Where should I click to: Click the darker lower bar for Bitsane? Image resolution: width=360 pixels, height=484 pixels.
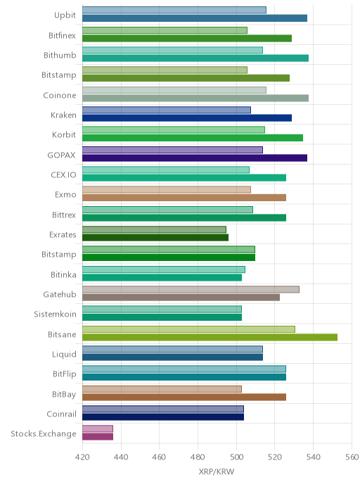(x=210, y=337)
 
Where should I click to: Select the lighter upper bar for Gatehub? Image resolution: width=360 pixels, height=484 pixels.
(x=191, y=289)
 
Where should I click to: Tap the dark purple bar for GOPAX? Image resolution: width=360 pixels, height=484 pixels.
(x=195, y=158)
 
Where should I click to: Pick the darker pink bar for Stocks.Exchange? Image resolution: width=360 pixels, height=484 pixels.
(x=98, y=436)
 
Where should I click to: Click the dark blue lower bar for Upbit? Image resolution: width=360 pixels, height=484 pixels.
(x=195, y=18)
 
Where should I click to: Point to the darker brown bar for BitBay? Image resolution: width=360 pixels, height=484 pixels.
(x=184, y=397)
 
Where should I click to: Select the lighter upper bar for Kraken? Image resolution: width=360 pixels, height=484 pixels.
(x=167, y=110)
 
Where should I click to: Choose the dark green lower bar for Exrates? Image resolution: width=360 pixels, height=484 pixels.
(x=155, y=237)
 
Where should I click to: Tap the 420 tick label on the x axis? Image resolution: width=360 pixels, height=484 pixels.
(x=82, y=457)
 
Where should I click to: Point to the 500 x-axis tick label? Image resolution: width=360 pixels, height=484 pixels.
(x=236, y=457)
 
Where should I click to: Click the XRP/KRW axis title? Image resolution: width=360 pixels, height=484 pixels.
(x=217, y=471)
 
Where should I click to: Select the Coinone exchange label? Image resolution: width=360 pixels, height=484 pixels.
(x=60, y=95)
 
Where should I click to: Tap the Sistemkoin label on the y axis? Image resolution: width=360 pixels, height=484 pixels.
(x=55, y=314)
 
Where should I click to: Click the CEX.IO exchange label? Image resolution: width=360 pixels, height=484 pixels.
(x=63, y=174)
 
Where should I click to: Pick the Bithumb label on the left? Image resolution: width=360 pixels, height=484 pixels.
(x=60, y=56)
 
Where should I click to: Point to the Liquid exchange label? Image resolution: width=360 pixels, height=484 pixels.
(x=64, y=354)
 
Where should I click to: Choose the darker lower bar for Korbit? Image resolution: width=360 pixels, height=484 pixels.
(x=193, y=138)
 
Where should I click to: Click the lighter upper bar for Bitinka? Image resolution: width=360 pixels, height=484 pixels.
(x=164, y=269)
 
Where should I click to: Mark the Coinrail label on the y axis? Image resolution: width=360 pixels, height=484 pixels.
(x=61, y=414)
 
